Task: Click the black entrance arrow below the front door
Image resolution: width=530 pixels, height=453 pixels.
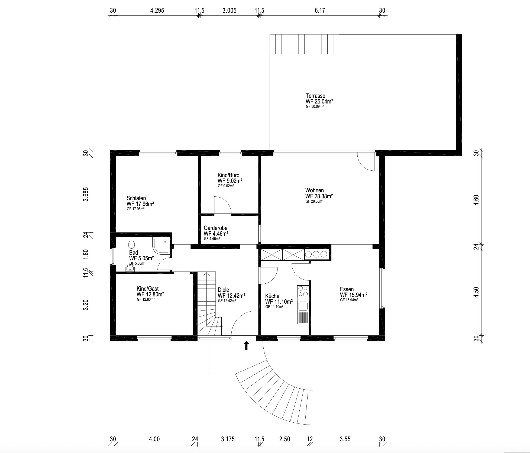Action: (x=246, y=346)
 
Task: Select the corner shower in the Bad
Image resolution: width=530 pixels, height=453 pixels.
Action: (x=162, y=246)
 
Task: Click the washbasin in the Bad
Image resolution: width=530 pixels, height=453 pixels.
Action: (x=130, y=268)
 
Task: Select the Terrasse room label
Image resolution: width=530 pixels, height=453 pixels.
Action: (x=315, y=96)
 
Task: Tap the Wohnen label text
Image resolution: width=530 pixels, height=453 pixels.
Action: (x=314, y=190)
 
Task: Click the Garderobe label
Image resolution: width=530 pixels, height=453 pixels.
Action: (x=216, y=228)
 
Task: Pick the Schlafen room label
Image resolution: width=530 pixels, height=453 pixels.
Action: (x=136, y=198)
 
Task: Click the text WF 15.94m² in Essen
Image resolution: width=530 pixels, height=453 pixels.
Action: (x=354, y=295)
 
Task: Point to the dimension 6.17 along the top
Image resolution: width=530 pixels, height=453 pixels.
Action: (x=320, y=11)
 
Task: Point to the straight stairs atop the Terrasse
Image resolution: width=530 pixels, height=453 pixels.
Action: (x=304, y=44)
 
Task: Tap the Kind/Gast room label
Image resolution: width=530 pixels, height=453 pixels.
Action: (x=148, y=289)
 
